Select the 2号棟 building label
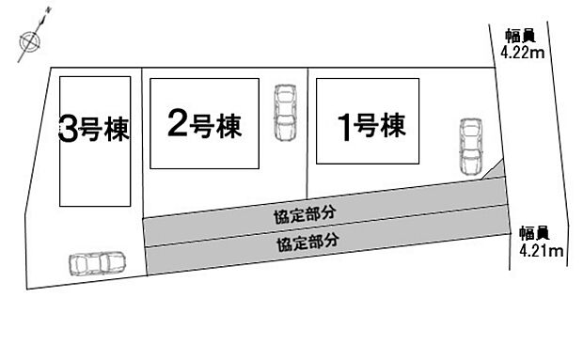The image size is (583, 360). pyautogui.click(x=202, y=124)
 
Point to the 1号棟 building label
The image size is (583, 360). pyautogui.click(x=370, y=124)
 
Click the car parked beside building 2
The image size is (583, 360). pyautogui.click(x=283, y=113)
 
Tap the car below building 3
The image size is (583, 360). pyautogui.click(x=97, y=262)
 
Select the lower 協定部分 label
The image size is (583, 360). pyautogui.click(x=308, y=241)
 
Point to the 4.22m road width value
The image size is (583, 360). pyautogui.click(x=523, y=53)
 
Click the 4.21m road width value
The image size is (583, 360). pyautogui.click(x=542, y=250)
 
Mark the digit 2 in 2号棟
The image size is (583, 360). pyautogui.click(x=177, y=124)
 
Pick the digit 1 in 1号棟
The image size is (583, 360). pyautogui.click(x=345, y=125)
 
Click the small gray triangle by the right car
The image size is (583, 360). pyautogui.click(x=496, y=171)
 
